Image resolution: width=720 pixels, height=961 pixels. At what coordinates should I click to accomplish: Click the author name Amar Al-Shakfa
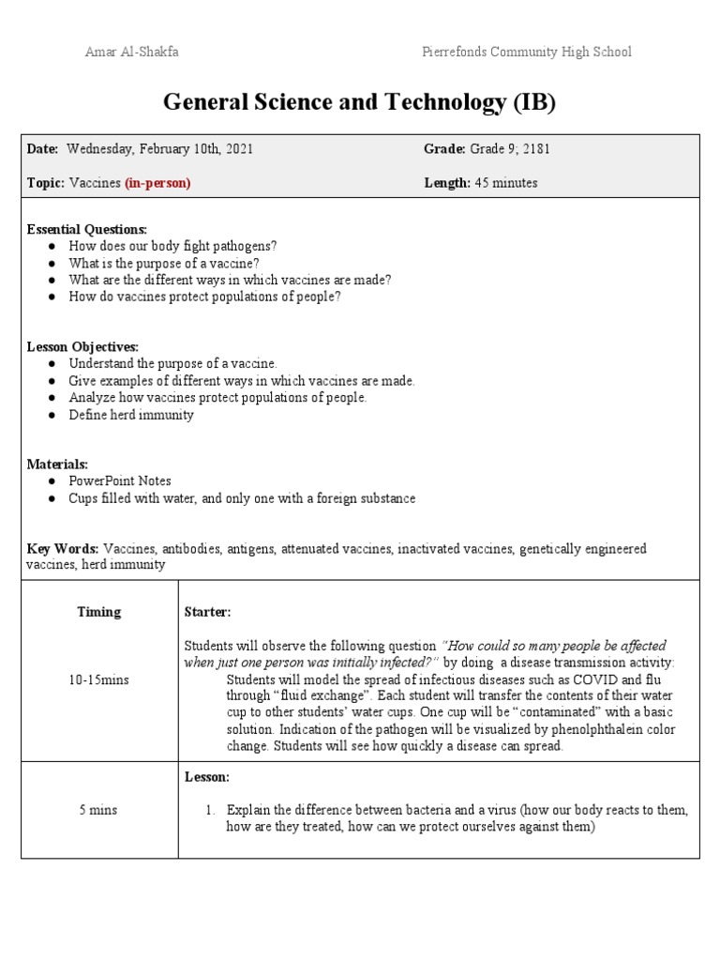coord(131,52)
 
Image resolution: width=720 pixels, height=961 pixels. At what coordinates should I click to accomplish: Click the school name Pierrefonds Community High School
coord(526,52)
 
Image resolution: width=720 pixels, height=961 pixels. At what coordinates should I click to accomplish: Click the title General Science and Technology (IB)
coord(359,102)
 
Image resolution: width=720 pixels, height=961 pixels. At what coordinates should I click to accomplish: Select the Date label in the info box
coord(42,149)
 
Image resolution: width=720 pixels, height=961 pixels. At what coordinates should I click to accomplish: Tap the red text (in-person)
coord(157,183)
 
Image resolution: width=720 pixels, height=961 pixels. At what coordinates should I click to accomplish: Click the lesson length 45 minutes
coord(503,183)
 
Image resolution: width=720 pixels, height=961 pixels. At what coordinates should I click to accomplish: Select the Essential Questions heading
coord(86,229)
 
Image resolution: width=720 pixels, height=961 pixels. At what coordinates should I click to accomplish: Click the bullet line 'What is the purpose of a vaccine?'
coord(163,263)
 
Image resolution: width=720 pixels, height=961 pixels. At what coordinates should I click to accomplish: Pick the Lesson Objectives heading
coord(82,346)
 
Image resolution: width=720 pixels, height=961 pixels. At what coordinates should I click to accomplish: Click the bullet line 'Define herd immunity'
coord(131,414)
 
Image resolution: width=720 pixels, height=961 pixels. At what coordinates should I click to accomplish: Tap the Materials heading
coord(57,464)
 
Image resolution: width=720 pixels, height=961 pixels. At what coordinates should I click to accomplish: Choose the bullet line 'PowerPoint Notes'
coord(119,481)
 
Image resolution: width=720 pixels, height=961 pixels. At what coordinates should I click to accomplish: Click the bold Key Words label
coord(63,548)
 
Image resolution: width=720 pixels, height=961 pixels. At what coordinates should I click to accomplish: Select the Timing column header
coord(98,612)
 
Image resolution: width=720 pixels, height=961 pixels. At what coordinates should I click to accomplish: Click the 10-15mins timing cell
coord(98,679)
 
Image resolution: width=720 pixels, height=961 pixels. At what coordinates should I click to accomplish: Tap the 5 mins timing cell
coord(98,810)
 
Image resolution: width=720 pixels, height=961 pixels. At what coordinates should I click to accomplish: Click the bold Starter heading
coord(207,612)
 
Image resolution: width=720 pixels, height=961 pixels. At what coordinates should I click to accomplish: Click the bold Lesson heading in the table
coord(206,777)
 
